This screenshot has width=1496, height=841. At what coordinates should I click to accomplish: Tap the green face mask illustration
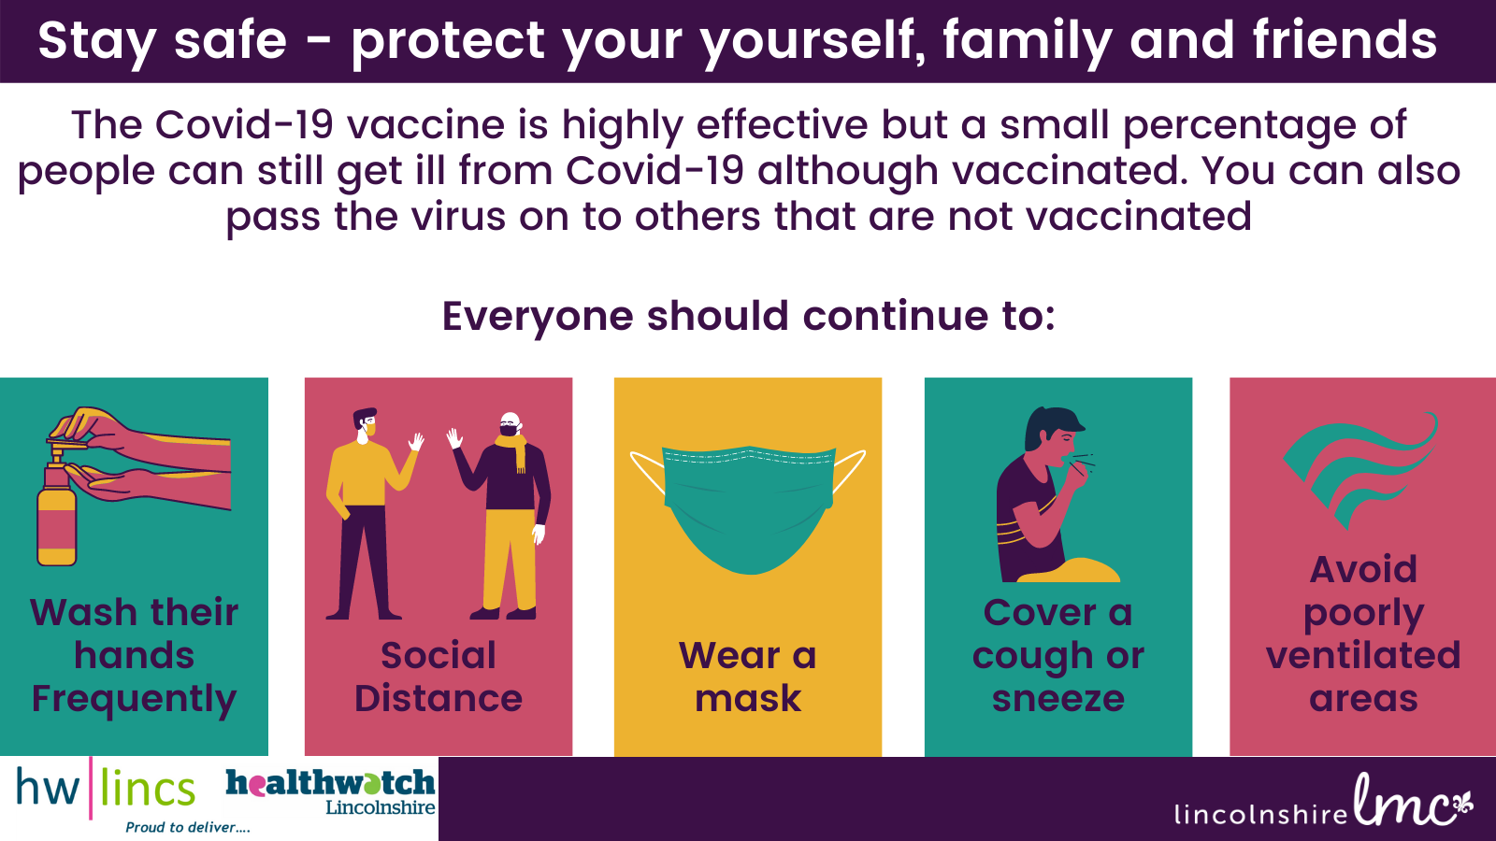748,508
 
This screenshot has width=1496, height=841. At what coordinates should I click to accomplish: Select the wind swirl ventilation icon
1360,471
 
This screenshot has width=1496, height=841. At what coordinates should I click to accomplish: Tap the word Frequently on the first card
135,700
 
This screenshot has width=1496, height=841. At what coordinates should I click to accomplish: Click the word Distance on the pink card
439,698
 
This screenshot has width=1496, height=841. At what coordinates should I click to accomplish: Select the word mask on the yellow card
748,699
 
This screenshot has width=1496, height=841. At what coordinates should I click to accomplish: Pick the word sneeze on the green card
1057,700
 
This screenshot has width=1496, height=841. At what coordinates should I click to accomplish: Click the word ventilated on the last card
1363,655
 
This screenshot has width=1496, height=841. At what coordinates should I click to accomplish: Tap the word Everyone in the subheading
538,317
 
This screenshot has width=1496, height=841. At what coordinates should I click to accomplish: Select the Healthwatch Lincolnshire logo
331,791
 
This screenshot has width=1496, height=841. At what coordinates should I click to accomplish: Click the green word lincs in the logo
148,789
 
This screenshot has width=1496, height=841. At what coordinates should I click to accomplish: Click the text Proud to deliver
188,828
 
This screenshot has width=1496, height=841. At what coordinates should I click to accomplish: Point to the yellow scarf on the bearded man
513,449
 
